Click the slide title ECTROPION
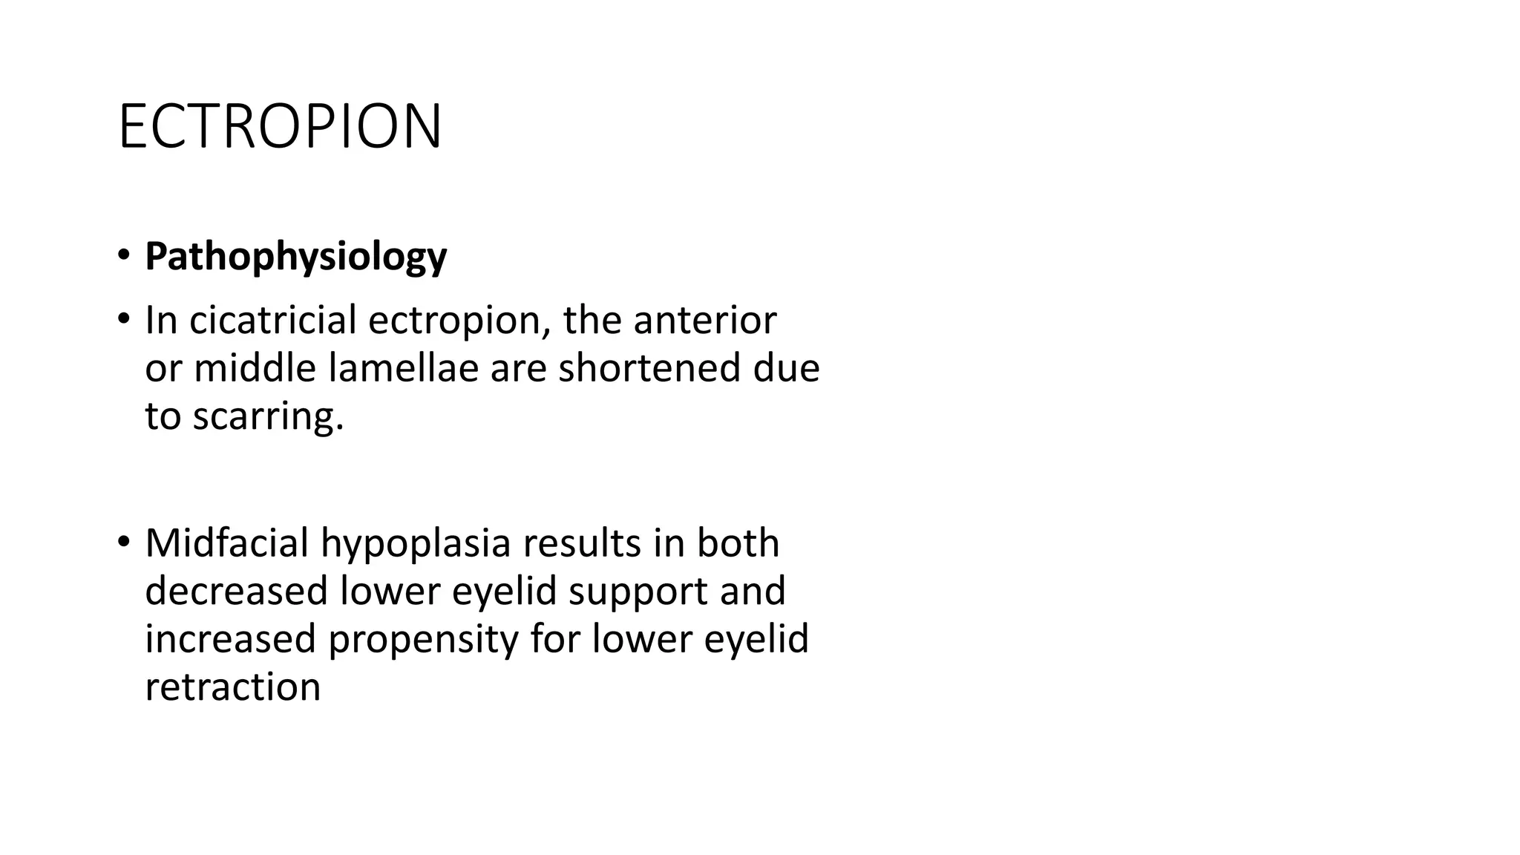[280, 127]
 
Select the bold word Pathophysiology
[295, 257]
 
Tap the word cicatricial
[273, 321]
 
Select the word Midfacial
[226, 543]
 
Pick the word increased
[230, 639]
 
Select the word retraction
[232, 687]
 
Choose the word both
[738, 543]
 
